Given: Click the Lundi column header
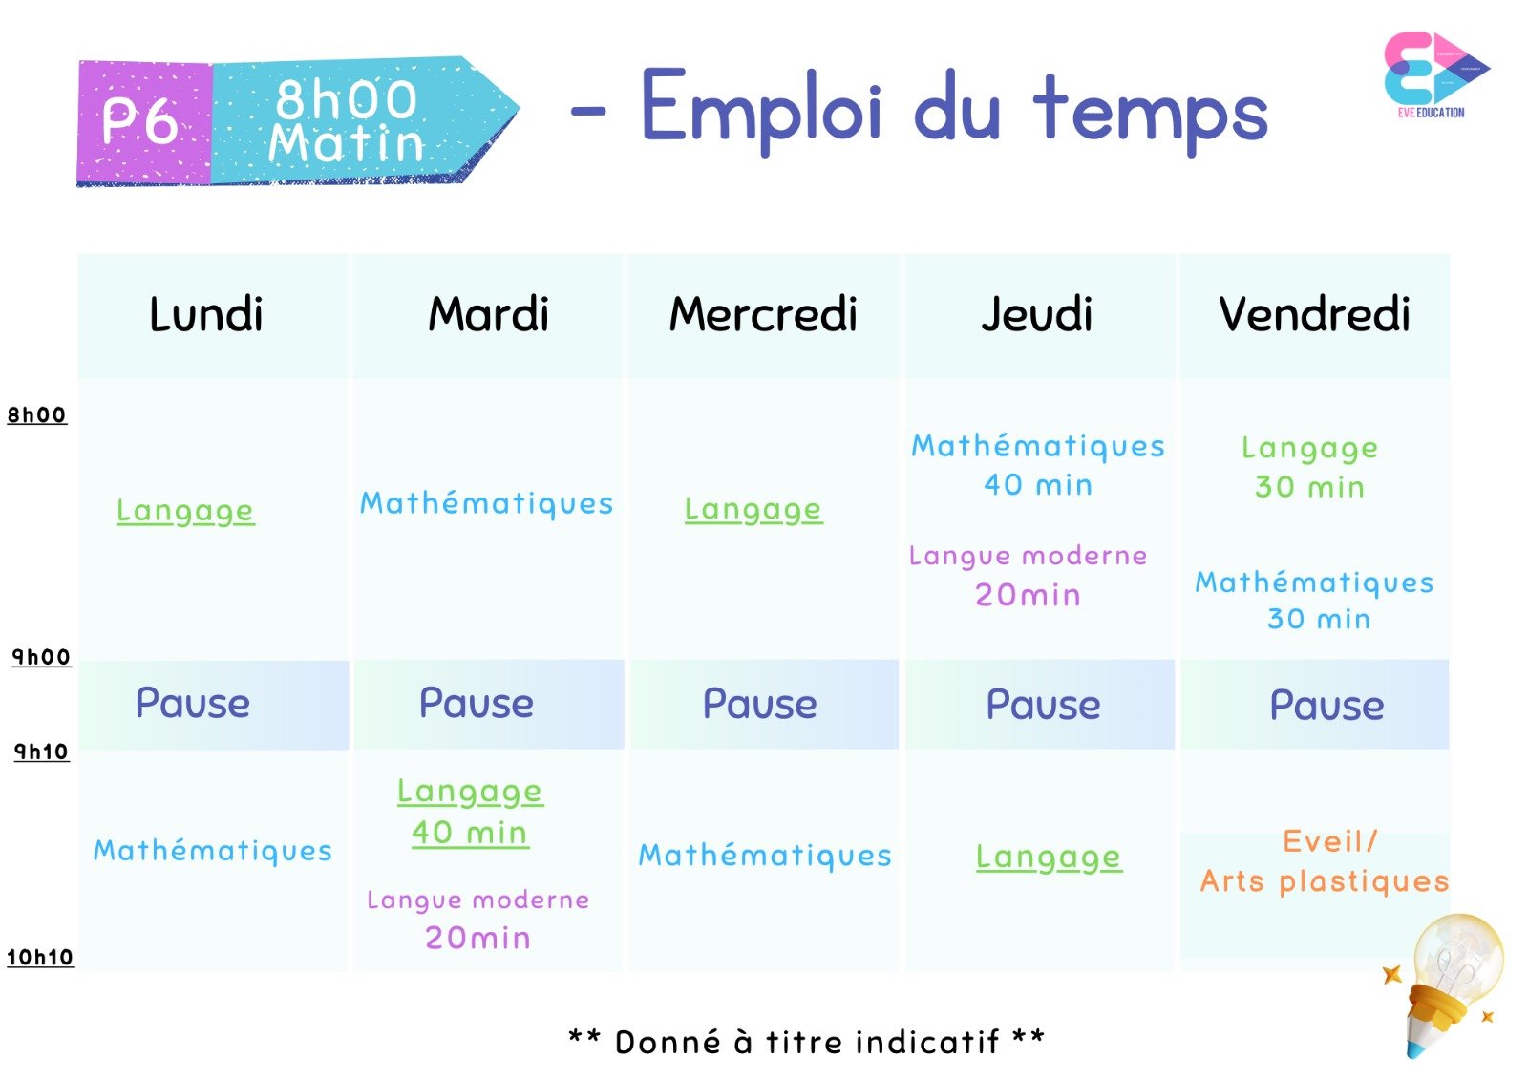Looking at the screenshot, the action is tap(206, 314).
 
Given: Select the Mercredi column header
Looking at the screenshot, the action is tap(763, 314).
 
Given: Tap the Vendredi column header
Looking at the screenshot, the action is tap(1314, 314).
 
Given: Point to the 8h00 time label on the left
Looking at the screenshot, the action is tap(37, 414).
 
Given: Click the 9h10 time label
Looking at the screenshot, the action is tap(42, 752).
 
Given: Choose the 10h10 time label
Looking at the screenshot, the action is tap(40, 957).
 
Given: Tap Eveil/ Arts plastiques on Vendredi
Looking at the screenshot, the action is tap(1324, 861).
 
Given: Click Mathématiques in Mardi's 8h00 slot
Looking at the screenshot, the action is tap(486, 504).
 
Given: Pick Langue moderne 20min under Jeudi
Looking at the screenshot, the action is tap(1028, 575).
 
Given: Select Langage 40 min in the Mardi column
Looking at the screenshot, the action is tap(470, 813).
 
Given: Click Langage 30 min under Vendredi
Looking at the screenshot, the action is tap(1309, 467).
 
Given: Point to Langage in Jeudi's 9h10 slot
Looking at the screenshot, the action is tap(1049, 858).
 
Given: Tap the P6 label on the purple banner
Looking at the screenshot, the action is tap(140, 121).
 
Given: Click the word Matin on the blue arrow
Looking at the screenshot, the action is tap(347, 143).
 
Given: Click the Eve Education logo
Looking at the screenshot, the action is tap(1436, 74).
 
